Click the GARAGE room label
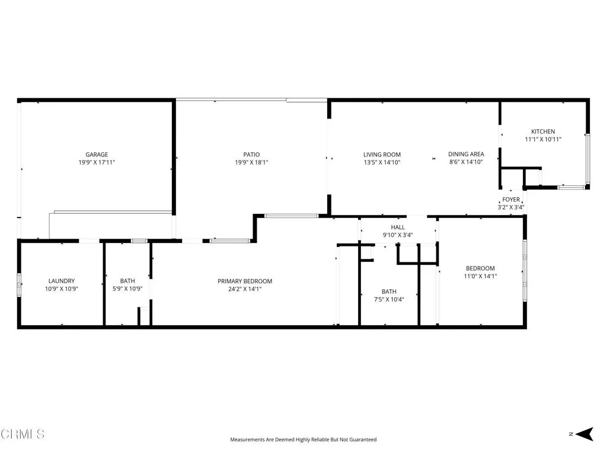click(96, 155)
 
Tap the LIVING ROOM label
click(382, 155)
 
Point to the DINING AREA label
click(466, 154)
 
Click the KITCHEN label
click(543, 132)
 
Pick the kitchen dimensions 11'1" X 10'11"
click(543, 139)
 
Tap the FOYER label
click(511, 200)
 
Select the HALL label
click(398, 227)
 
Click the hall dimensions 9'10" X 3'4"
click(398, 235)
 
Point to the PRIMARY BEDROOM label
click(245, 281)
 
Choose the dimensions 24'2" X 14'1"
click(245, 289)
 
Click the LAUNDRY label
click(62, 281)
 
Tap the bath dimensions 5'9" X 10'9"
click(127, 289)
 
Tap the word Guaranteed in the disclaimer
click(362, 440)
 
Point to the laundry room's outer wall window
click(19, 286)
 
